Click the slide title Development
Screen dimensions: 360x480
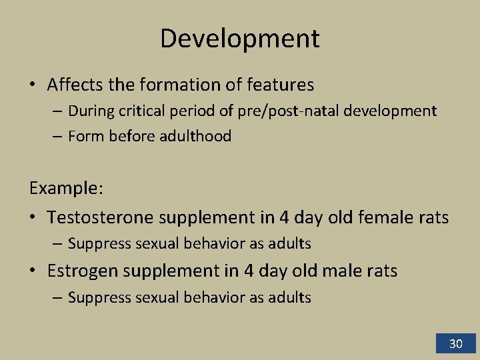(x=239, y=38)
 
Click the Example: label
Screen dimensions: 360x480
(x=66, y=188)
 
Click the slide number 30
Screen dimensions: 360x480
(x=455, y=344)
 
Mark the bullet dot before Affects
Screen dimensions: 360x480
(x=33, y=85)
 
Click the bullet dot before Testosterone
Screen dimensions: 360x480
(x=33, y=218)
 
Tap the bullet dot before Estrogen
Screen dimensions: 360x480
(x=33, y=271)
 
